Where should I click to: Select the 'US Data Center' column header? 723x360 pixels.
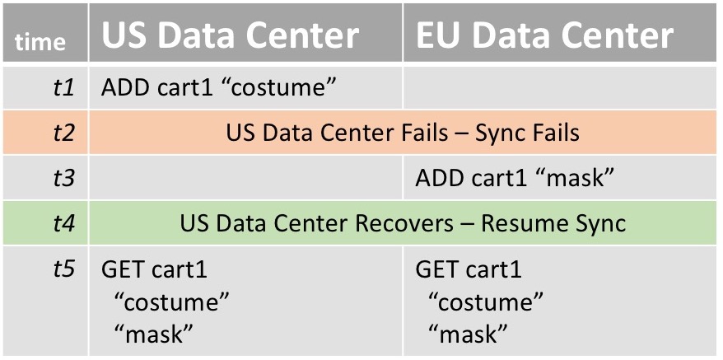(x=230, y=35)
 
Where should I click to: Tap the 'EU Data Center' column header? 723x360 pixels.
(x=544, y=35)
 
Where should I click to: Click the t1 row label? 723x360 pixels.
(x=63, y=87)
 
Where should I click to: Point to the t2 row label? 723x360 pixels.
(x=63, y=133)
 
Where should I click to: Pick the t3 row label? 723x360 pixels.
(x=63, y=178)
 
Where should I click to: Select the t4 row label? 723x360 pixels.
(x=63, y=223)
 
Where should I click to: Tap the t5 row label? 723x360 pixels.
(x=63, y=269)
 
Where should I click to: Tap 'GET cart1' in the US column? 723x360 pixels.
(x=154, y=269)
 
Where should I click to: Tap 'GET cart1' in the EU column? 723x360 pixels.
(x=469, y=269)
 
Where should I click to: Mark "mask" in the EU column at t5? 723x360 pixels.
(x=468, y=334)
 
